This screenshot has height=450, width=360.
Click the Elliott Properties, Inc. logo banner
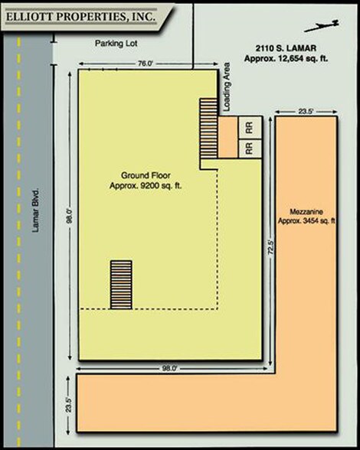(x=87, y=17)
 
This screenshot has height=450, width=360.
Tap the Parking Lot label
(x=116, y=44)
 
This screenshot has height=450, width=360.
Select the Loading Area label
(x=227, y=86)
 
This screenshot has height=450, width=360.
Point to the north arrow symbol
(x=322, y=26)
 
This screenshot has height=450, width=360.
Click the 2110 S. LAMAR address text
(x=286, y=48)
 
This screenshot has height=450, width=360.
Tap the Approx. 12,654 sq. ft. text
(x=286, y=58)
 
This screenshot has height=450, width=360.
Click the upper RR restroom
(x=250, y=128)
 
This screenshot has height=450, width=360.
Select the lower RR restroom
(x=250, y=148)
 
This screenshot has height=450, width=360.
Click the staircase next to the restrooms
(x=208, y=129)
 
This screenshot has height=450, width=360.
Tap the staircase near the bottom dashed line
(x=121, y=285)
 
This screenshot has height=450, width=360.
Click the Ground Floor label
(x=146, y=175)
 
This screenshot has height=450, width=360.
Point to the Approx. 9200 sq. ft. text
(x=146, y=186)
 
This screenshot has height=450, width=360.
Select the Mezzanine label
(x=306, y=212)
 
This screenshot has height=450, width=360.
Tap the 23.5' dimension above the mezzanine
(x=306, y=112)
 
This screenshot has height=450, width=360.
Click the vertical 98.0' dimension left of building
(x=70, y=216)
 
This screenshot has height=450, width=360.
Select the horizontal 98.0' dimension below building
(x=172, y=368)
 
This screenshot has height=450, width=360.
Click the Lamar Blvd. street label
(x=36, y=210)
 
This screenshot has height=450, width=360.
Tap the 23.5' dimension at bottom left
(x=68, y=406)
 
